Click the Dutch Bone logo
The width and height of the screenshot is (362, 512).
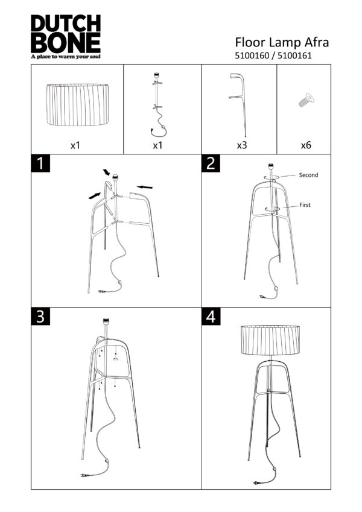click(65, 35)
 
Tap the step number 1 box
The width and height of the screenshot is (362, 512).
click(39, 163)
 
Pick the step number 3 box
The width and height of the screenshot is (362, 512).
click(39, 317)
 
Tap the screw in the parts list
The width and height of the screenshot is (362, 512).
click(305, 100)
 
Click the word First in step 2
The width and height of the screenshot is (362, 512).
click(306, 206)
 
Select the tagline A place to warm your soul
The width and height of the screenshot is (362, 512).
click(65, 57)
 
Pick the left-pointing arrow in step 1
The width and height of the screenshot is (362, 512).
click(144, 187)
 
